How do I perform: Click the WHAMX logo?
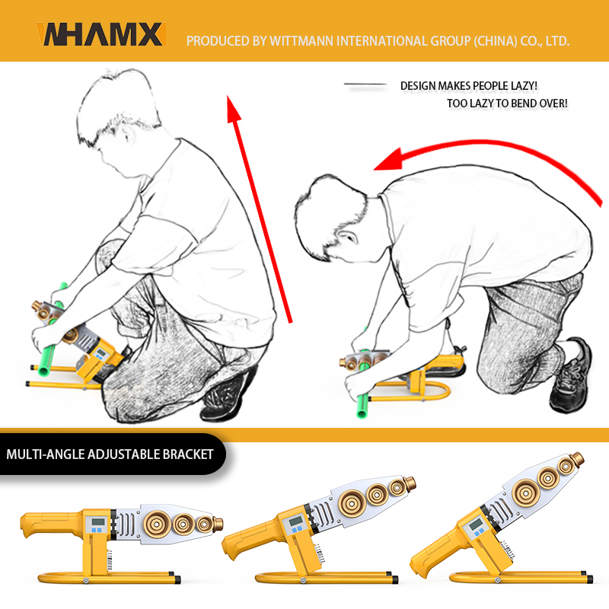[101, 34]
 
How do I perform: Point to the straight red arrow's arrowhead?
[234, 110]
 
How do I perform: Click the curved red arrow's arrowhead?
[387, 160]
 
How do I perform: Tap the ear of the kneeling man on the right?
[347, 237]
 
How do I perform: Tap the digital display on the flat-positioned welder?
[98, 521]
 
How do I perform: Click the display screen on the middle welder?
[295, 521]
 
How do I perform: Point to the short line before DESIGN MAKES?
[365, 84]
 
